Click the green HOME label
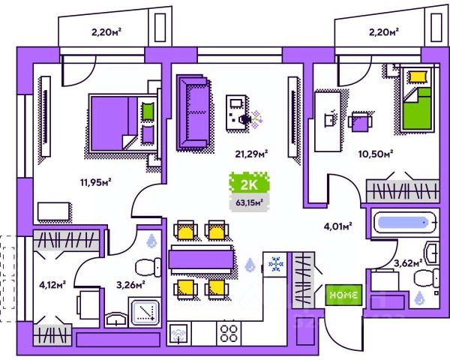[344, 295]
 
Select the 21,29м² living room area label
[252, 154]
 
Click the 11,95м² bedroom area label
[96, 181]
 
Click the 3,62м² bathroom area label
[408, 262]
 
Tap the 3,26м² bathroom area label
[130, 283]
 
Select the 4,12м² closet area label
[52, 283]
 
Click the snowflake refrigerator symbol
[275, 264]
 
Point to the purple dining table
[199, 259]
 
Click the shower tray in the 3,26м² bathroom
[146, 310]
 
